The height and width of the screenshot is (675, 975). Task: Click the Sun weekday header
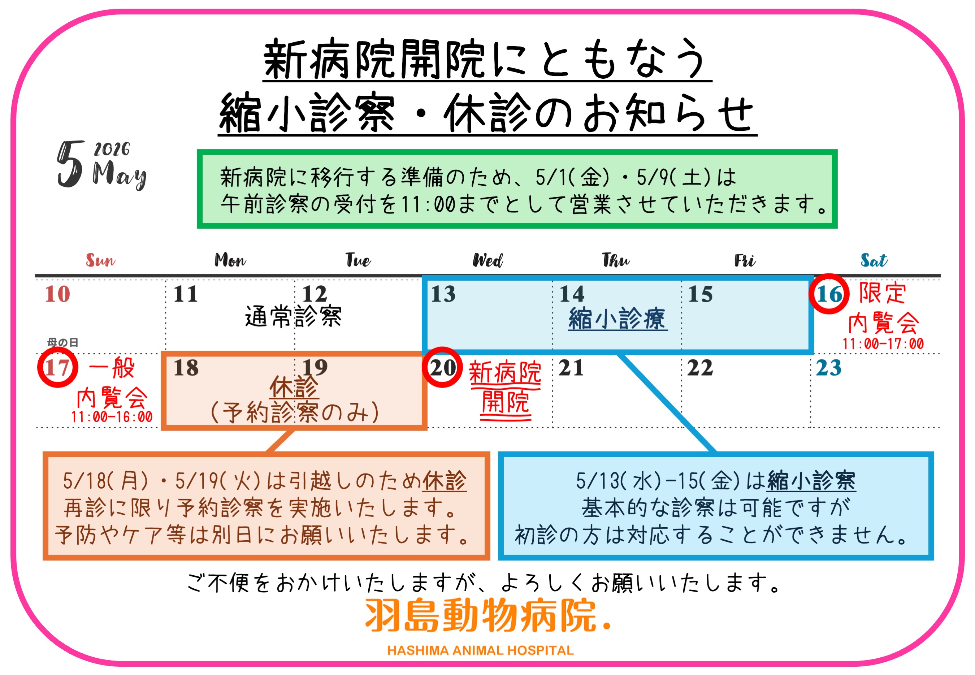(100, 260)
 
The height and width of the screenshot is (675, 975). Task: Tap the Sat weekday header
(874, 260)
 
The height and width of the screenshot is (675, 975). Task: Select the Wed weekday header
(487, 260)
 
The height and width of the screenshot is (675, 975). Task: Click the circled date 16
(829, 294)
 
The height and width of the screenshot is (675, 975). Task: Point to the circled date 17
(57, 367)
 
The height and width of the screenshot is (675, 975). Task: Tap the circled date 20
(442, 367)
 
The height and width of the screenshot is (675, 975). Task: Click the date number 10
(57, 294)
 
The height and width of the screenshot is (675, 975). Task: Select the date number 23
(828, 368)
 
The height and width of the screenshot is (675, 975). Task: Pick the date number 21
(571, 368)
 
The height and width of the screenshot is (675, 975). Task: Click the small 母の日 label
(62, 342)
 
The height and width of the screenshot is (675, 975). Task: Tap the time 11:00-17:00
(883, 344)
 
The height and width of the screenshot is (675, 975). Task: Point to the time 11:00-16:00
(112, 417)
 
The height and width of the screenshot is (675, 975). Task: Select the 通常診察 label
(293, 316)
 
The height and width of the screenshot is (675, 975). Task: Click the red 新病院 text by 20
(505, 372)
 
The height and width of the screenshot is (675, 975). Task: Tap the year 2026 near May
(112, 149)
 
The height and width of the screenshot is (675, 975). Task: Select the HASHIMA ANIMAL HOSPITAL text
(480, 650)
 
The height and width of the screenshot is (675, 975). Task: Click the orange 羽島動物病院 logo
(486, 615)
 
